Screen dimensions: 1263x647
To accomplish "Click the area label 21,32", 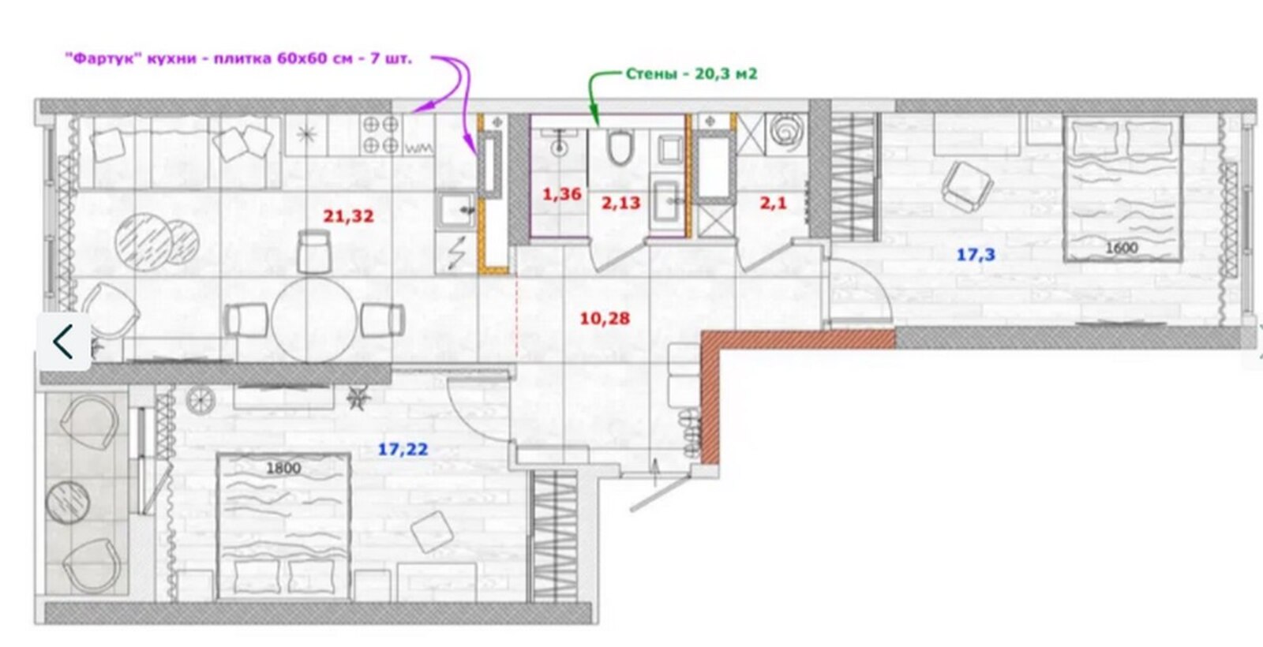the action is coord(348,216).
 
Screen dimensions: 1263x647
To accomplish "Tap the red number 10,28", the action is coord(605,319).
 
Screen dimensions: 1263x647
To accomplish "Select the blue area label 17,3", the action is coord(976,255).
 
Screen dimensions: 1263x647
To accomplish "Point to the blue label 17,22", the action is coord(403,449).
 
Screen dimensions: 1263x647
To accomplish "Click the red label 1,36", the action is coord(561,194).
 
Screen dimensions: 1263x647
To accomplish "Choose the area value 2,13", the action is coord(620,203).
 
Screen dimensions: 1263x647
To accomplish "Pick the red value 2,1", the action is coord(773,203).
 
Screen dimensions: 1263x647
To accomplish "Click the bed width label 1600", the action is coord(1122,248).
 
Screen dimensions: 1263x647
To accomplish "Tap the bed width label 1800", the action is coord(283,469).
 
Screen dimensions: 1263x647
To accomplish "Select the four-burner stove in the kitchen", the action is coord(380,135).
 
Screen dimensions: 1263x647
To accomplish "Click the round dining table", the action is coord(314,320).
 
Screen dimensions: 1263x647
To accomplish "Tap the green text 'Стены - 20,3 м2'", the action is coord(691,74).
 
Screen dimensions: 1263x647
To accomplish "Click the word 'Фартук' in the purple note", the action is coord(103,58).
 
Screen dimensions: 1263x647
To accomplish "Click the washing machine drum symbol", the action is coord(785,132).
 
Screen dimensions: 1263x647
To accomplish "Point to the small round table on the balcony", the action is coord(68,503).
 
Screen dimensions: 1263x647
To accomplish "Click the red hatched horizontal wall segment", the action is coord(798,340).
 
